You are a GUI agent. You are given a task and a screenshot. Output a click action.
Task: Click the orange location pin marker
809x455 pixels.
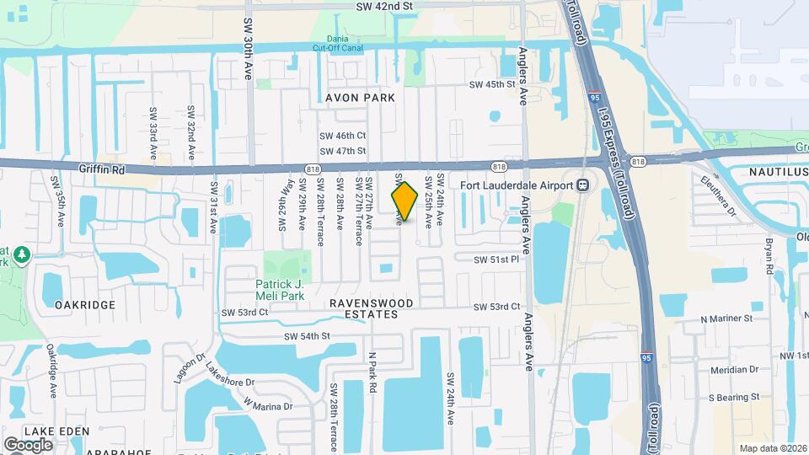click(x=404, y=201)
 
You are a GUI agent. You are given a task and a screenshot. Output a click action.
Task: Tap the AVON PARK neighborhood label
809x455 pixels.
click(x=360, y=98)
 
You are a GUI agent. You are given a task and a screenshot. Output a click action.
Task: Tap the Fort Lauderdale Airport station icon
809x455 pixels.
click(x=581, y=185)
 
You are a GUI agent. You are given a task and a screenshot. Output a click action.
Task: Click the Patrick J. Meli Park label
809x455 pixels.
click(x=280, y=289)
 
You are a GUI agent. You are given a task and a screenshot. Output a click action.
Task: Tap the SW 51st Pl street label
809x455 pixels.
click(x=496, y=260)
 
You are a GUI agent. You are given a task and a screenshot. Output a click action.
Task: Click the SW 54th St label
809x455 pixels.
click(x=307, y=336)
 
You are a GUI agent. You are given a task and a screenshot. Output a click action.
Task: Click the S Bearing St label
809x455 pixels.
click(x=733, y=396)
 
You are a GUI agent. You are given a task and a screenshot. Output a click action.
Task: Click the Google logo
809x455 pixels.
click(x=27, y=444)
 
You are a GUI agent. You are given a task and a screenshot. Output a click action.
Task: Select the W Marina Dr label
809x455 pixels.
click(x=268, y=405)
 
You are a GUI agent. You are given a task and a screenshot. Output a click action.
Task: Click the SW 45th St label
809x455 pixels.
click(x=491, y=84)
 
